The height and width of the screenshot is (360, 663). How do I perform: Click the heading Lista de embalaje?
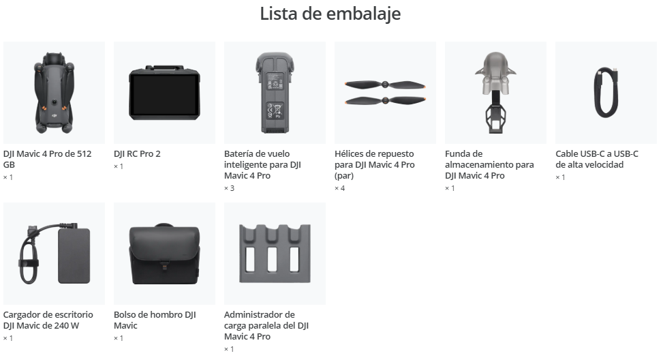tap(330, 14)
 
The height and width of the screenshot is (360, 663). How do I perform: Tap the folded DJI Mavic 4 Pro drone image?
tap(54, 92)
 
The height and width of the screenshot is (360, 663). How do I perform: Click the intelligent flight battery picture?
tap(275, 93)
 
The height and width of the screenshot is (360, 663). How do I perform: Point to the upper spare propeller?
tap(385, 85)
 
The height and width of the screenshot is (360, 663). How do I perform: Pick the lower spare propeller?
tap(385, 101)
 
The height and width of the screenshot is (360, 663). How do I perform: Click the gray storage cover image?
tap(495, 92)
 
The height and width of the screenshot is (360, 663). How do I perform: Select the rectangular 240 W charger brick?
tap(74, 256)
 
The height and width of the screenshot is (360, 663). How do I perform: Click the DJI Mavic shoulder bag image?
tap(164, 254)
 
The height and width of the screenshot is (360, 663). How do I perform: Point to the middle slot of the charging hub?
tap(273, 259)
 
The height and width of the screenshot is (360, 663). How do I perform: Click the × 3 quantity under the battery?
tap(229, 188)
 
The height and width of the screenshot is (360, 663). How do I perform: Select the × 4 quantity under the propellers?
tap(339, 188)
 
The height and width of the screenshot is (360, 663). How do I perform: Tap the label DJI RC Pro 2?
tap(137, 154)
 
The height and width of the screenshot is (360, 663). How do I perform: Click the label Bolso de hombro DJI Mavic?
tap(155, 320)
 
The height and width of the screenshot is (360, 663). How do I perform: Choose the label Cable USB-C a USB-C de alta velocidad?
tap(597, 159)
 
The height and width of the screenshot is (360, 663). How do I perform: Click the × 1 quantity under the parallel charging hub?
tap(229, 349)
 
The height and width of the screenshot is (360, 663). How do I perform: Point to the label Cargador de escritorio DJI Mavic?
tap(48, 320)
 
